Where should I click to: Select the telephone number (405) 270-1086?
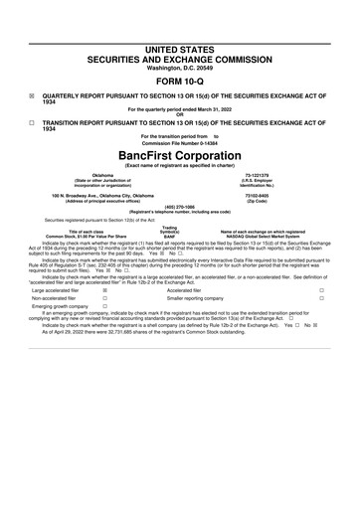(x=180, y=208)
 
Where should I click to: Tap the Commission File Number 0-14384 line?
(x=180, y=142)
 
